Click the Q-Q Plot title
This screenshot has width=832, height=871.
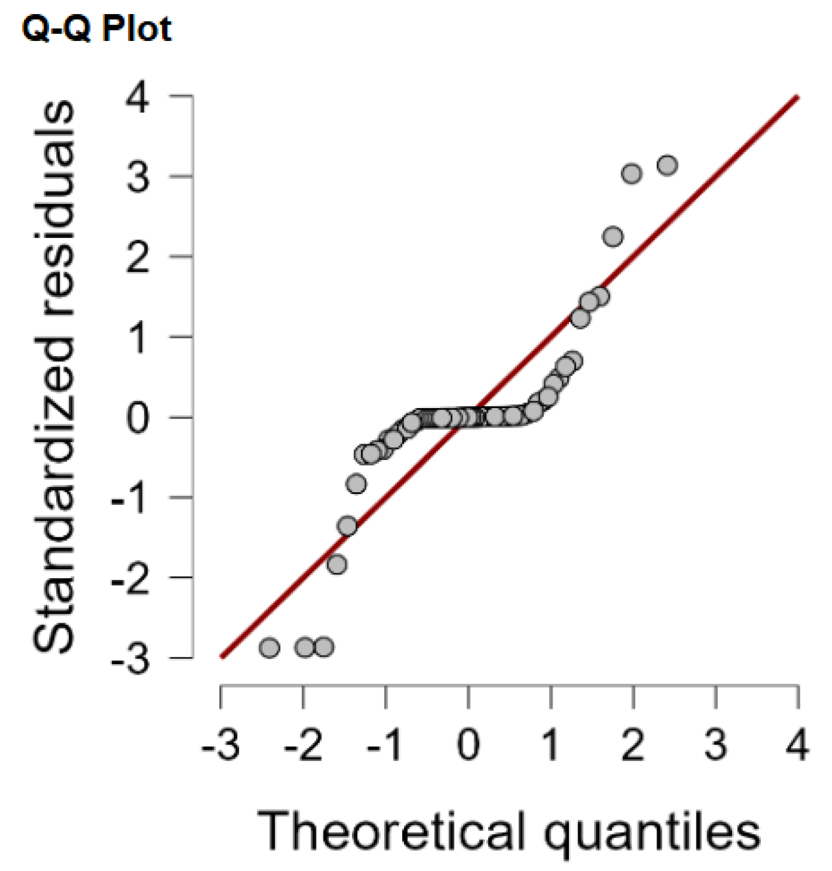(x=97, y=28)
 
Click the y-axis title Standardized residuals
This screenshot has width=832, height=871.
(x=54, y=377)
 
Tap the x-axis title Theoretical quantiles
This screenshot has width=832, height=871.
(x=509, y=831)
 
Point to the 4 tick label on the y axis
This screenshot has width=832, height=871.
(x=138, y=97)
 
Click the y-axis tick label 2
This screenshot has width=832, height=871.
(x=138, y=257)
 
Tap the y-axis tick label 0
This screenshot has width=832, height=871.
(x=138, y=418)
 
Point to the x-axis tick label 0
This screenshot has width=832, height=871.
(x=468, y=745)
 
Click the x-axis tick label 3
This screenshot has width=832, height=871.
(x=716, y=745)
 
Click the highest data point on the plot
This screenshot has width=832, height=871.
(x=667, y=165)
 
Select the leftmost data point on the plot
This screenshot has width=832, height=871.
(x=269, y=648)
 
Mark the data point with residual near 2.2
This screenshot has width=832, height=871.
(x=613, y=237)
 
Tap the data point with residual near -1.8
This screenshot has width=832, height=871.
(x=337, y=565)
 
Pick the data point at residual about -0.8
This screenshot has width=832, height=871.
(x=356, y=484)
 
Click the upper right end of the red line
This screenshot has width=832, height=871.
(x=798, y=97)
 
